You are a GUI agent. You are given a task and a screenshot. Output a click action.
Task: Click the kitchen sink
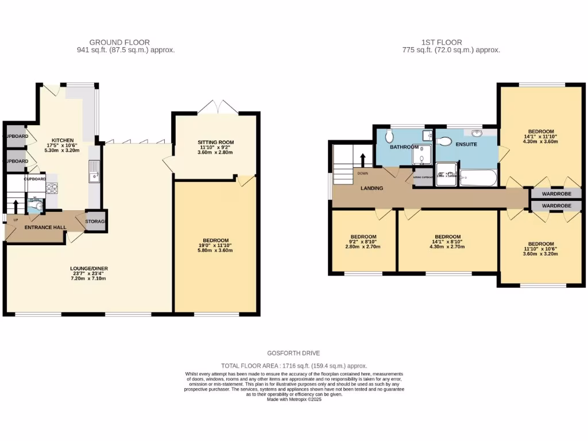(94, 171)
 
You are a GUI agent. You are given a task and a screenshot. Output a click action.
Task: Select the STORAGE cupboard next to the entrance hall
(95, 221)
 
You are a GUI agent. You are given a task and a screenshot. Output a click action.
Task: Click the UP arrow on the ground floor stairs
(16, 206)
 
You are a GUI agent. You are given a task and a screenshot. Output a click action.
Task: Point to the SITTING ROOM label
(216, 142)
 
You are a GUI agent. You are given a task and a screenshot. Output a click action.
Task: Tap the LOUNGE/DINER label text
(88, 268)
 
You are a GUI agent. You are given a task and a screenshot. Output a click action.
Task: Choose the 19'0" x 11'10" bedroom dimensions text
(216, 246)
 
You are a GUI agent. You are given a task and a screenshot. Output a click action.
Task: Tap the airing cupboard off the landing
(424, 177)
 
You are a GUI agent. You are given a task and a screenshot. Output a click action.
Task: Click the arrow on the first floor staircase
(362, 159)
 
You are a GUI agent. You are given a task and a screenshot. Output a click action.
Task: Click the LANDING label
(372, 188)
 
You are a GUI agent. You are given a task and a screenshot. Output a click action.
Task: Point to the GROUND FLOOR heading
(119, 42)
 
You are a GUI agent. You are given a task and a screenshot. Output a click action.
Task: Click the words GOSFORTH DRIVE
(293, 353)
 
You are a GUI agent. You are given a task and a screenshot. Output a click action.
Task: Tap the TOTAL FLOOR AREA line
(294, 366)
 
